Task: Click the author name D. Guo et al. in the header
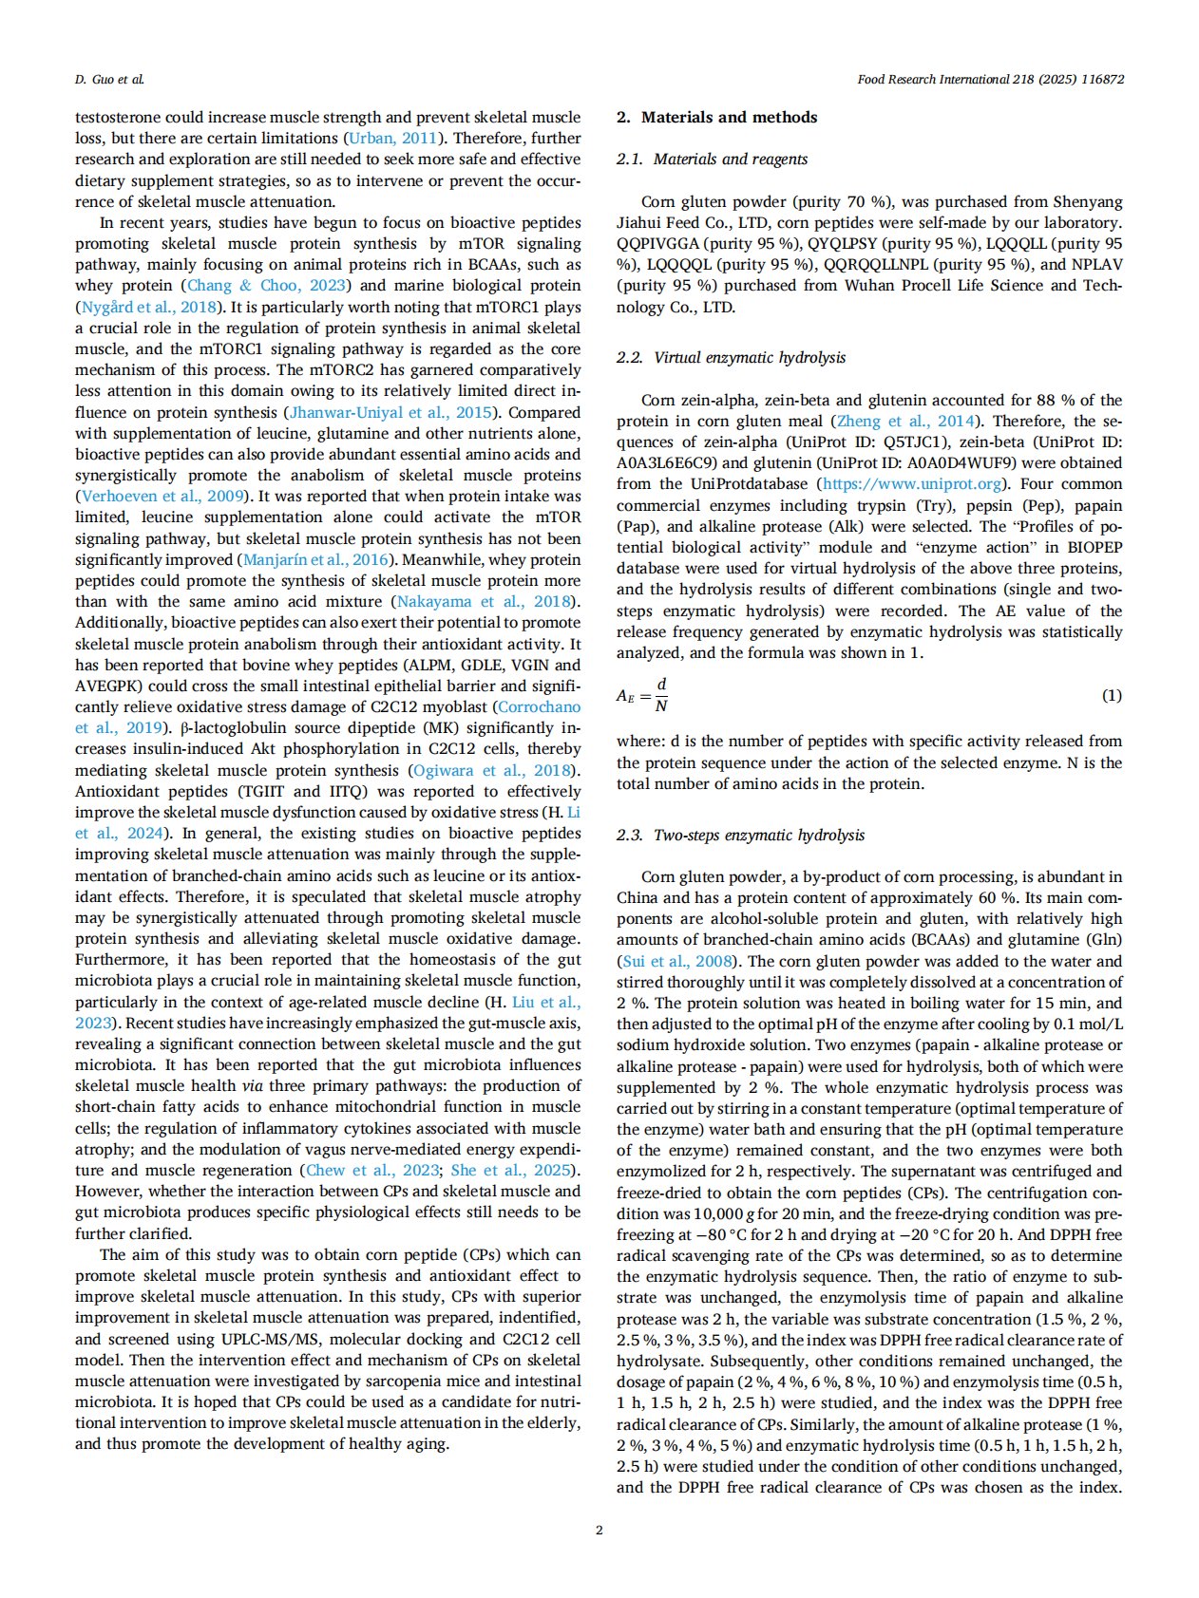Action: point(109,80)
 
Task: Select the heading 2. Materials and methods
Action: point(716,118)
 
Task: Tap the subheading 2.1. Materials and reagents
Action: point(712,160)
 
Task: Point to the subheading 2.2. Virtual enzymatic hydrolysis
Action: point(731,358)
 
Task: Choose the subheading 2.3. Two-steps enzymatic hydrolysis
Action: point(740,836)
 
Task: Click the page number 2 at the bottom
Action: point(599,1530)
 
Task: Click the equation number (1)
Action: point(1111,696)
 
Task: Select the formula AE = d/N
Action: point(642,696)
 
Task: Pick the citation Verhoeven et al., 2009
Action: point(163,497)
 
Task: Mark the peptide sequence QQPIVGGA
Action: point(657,244)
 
